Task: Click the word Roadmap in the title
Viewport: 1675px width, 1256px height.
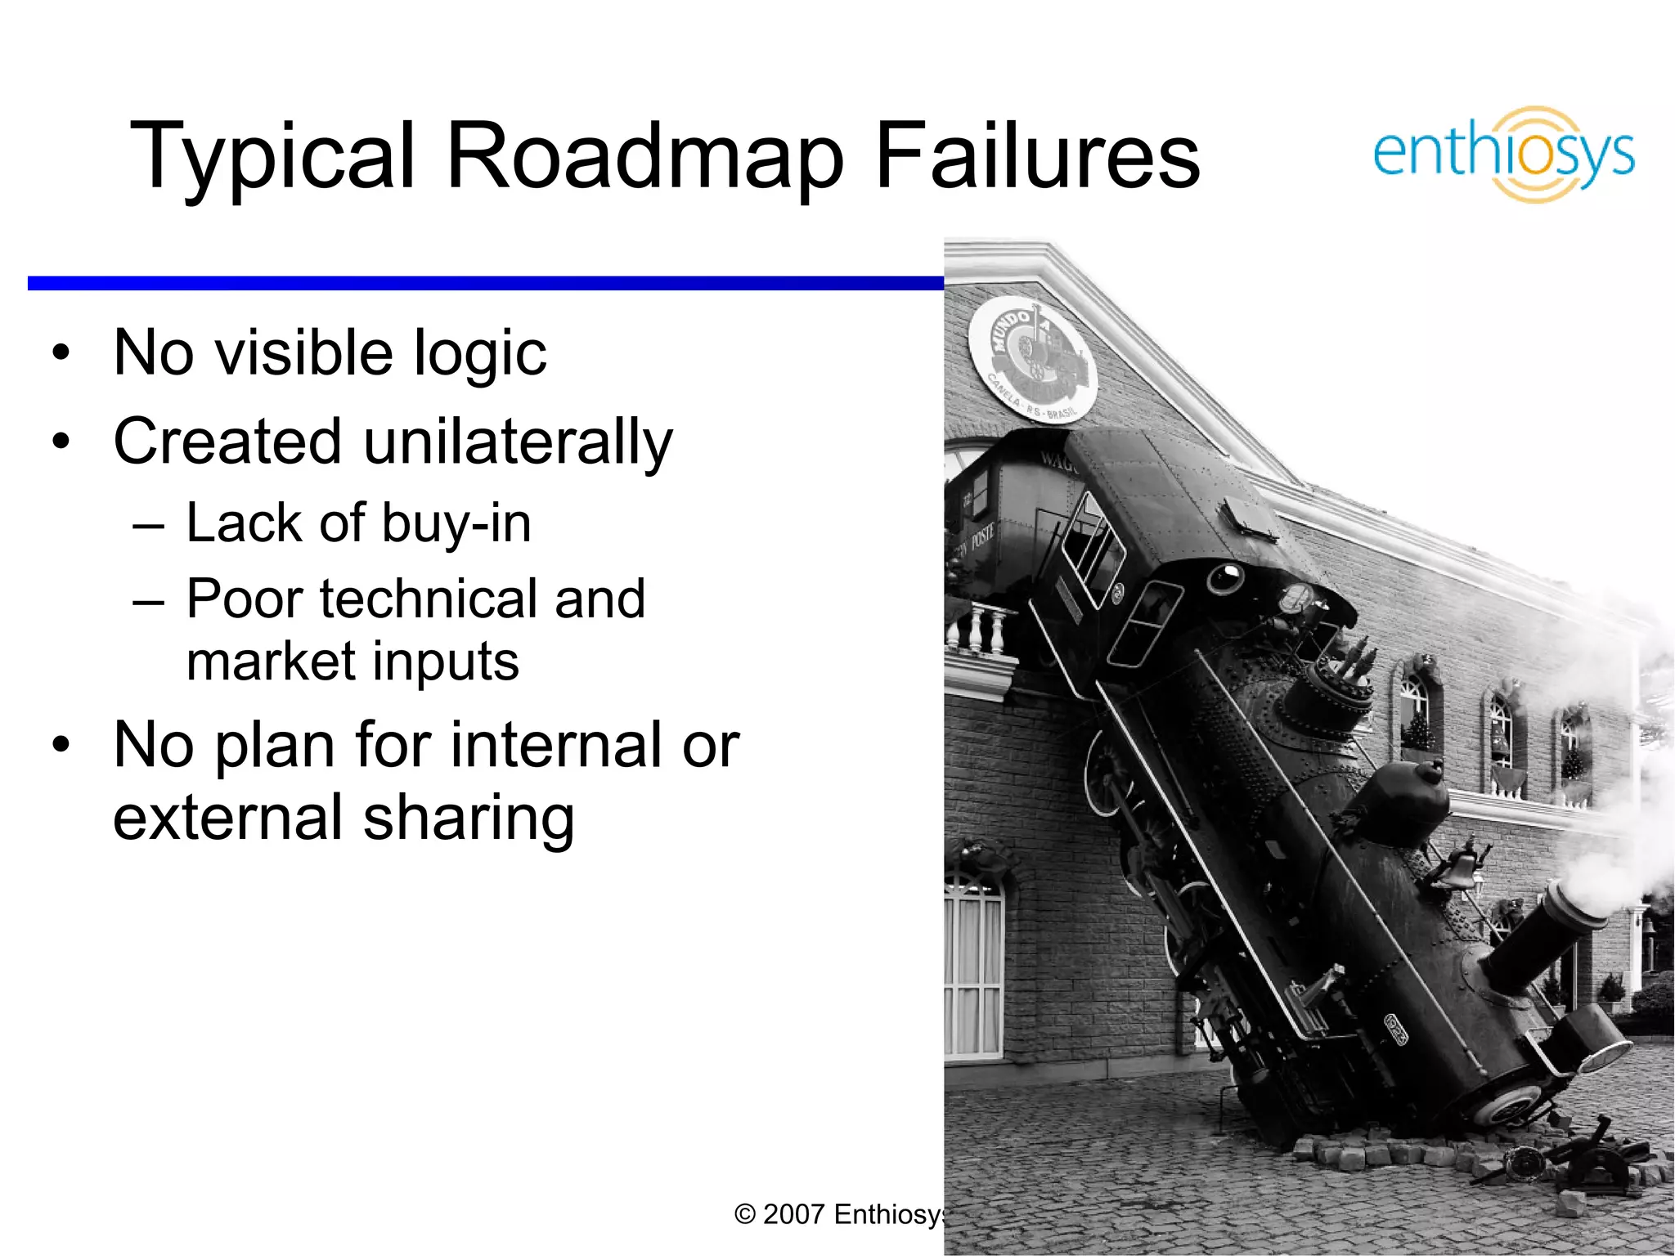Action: tap(645, 155)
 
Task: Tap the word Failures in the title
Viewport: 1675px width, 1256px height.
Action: tap(1037, 155)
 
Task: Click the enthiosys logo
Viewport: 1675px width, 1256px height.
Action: tap(1503, 154)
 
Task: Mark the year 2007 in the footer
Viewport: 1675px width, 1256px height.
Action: tap(793, 1214)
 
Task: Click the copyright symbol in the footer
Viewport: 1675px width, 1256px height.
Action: tap(744, 1214)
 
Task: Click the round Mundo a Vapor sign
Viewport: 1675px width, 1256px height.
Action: tap(1032, 360)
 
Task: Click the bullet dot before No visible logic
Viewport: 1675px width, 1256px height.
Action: tap(61, 354)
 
